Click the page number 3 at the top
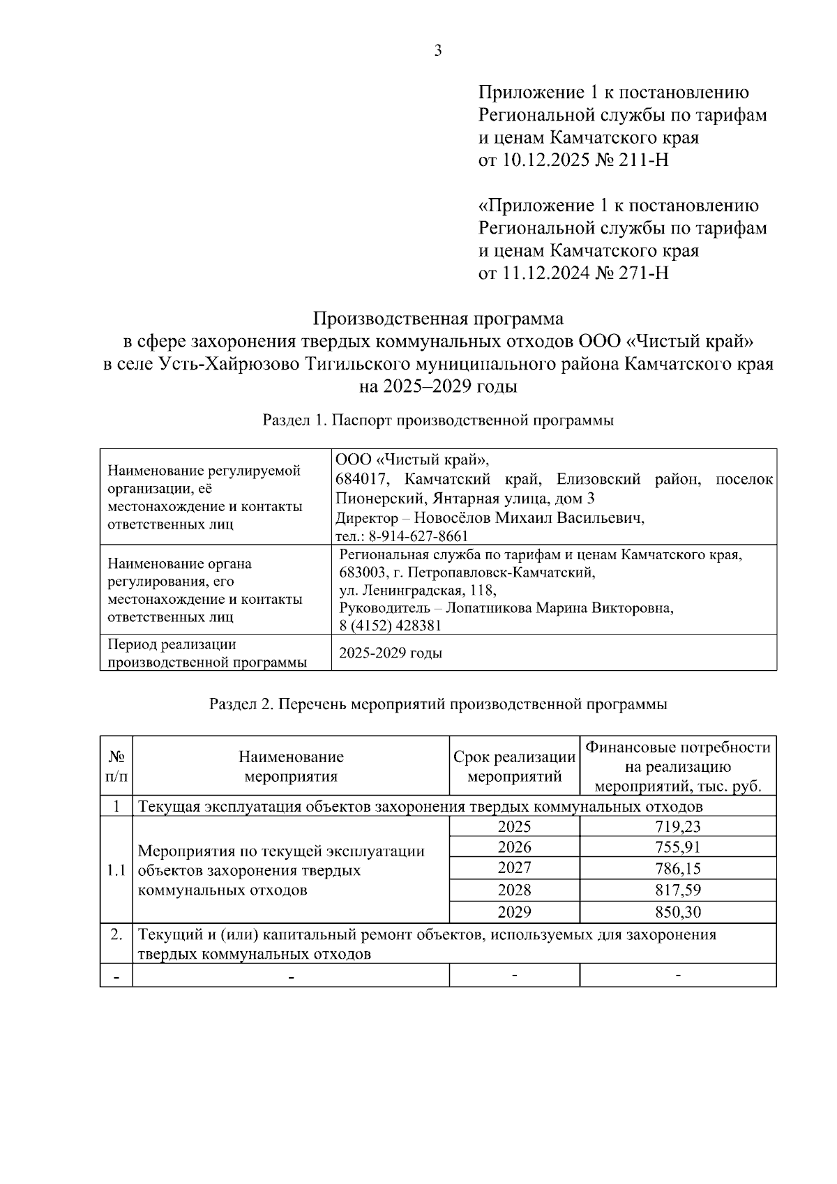(438, 50)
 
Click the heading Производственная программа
(438, 319)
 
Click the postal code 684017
(364, 480)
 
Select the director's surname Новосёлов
(453, 518)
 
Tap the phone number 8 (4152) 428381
(391, 625)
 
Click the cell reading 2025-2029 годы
(391, 654)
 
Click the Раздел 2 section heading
(438, 704)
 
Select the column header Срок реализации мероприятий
(514, 766)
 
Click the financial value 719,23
(677, 827)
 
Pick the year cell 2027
(514, 868)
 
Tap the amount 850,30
(677, 912)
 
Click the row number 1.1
(116, 870)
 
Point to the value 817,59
(677, 890)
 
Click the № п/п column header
(116, 766)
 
